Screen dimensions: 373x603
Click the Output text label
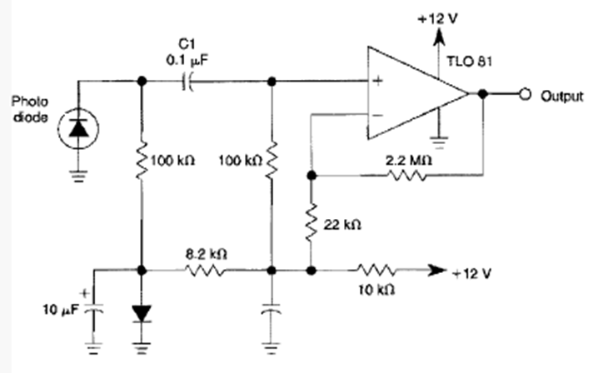[563, 96]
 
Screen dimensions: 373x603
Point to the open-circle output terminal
[526, 95]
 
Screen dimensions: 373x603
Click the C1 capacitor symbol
[187, 82]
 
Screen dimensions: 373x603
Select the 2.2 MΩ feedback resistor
[408, 176]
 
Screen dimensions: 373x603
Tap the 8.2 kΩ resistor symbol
[205, 270]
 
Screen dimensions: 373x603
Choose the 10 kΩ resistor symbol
[376, 270]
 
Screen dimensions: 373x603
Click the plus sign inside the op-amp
[377, 81]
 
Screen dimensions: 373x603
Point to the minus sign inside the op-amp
[377, 114]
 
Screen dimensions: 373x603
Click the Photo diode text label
[30, 108]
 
